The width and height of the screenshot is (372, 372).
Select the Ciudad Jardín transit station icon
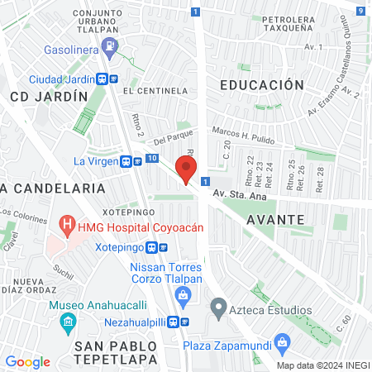click(x=103, y=79)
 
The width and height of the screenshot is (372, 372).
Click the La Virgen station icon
click(x=126, y=161)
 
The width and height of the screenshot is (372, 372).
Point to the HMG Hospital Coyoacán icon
click(x=65, y=225)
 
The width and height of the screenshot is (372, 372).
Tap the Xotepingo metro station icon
click(x=153, y=247)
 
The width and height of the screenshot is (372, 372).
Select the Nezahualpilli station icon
click(x=185, y=321)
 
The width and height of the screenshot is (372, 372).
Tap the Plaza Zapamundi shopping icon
click(x=284, y=341)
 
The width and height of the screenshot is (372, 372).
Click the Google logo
click(x=27, y=361)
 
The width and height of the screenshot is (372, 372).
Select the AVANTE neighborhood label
click(x=276, y=219)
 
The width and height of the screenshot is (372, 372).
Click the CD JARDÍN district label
click(x=49, y=97)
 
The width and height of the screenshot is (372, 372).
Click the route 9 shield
click(x=362, y=11)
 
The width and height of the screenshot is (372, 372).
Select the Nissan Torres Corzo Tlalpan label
click(x=166, y=274)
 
